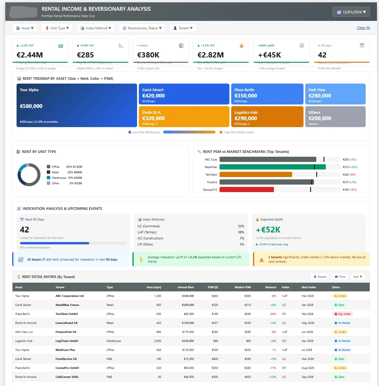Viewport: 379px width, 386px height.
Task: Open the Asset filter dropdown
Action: click(25, 28)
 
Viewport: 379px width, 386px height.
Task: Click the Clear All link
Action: click(363, 28)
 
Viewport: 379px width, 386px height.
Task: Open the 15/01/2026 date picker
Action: click(351, 12)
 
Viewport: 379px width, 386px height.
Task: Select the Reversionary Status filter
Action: click(142, 28)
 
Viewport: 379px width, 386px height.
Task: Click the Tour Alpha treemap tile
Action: click(77, 105)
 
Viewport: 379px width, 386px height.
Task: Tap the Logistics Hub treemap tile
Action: click(267, 117)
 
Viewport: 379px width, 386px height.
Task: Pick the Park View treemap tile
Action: click(335, 94)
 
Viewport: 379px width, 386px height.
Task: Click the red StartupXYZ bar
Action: click(247, 190)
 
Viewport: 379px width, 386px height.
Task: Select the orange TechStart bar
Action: click(256, 174)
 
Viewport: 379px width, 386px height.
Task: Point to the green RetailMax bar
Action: click(272, 167)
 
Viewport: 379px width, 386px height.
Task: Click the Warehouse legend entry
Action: click(59, 178)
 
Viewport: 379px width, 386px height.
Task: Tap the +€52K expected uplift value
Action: click(268, 230)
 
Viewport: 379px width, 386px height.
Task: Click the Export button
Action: click(320, 277)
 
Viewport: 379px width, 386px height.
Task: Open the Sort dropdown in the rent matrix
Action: click(358, 277)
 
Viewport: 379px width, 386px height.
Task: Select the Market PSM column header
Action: click(243, 287)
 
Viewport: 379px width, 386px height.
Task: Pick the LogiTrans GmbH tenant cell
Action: click(67, 341)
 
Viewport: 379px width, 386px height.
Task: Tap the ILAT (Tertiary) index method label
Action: click(147, 232)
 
